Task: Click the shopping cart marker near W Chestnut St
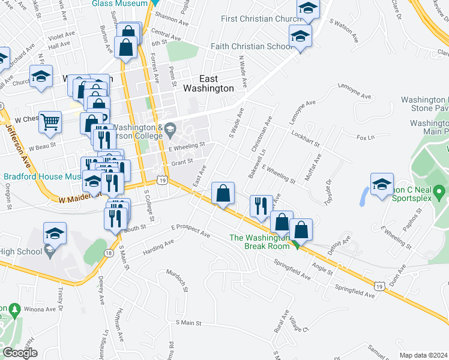(x=50, y=122)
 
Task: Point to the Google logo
(x=19, y=353)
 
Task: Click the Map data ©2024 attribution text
(x=423, y=355)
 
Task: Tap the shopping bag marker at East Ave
(x=223, y=194)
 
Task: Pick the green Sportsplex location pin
(x=439, y=193)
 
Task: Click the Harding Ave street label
(x=158, y=247)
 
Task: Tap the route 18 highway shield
(x=108, y=253)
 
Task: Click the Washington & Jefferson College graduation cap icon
(x=170, y=128)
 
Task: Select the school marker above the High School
(x=55, y=232)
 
